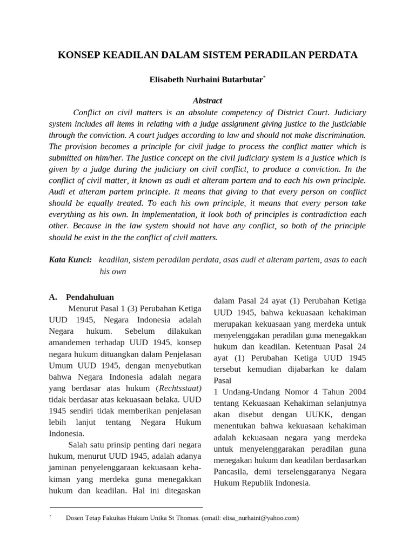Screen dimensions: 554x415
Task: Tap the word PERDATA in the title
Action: [x=333, y=55]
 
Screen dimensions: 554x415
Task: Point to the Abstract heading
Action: [x=207, y=101]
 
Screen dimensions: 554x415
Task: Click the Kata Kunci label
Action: [x=70, y=260]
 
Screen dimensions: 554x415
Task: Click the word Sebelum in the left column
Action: [x=139, y=331]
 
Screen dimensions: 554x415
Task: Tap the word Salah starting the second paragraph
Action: [x=79, y=445]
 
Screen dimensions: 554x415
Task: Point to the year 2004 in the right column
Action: [x=354, y=392]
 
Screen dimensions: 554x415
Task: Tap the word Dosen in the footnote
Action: [x=75, y=518]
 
